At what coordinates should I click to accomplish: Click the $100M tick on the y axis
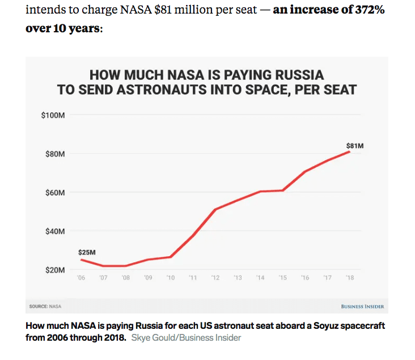54,115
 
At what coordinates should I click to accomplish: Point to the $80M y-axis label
56,154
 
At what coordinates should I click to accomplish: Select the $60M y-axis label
56,192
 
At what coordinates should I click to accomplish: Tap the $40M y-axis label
56,231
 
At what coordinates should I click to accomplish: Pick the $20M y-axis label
56,269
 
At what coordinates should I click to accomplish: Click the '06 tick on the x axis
81,278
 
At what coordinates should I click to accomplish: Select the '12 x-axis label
215,278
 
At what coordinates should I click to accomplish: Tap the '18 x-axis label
350,278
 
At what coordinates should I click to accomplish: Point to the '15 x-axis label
283,278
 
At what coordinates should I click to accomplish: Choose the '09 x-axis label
149,278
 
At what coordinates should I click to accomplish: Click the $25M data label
87,252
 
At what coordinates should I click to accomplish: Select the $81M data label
355,146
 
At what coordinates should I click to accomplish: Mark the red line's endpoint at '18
350,151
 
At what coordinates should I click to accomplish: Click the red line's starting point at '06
81,260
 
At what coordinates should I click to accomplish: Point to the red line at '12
215,210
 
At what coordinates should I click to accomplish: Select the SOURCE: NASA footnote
45,307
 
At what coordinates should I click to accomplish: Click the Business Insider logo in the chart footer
362,307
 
